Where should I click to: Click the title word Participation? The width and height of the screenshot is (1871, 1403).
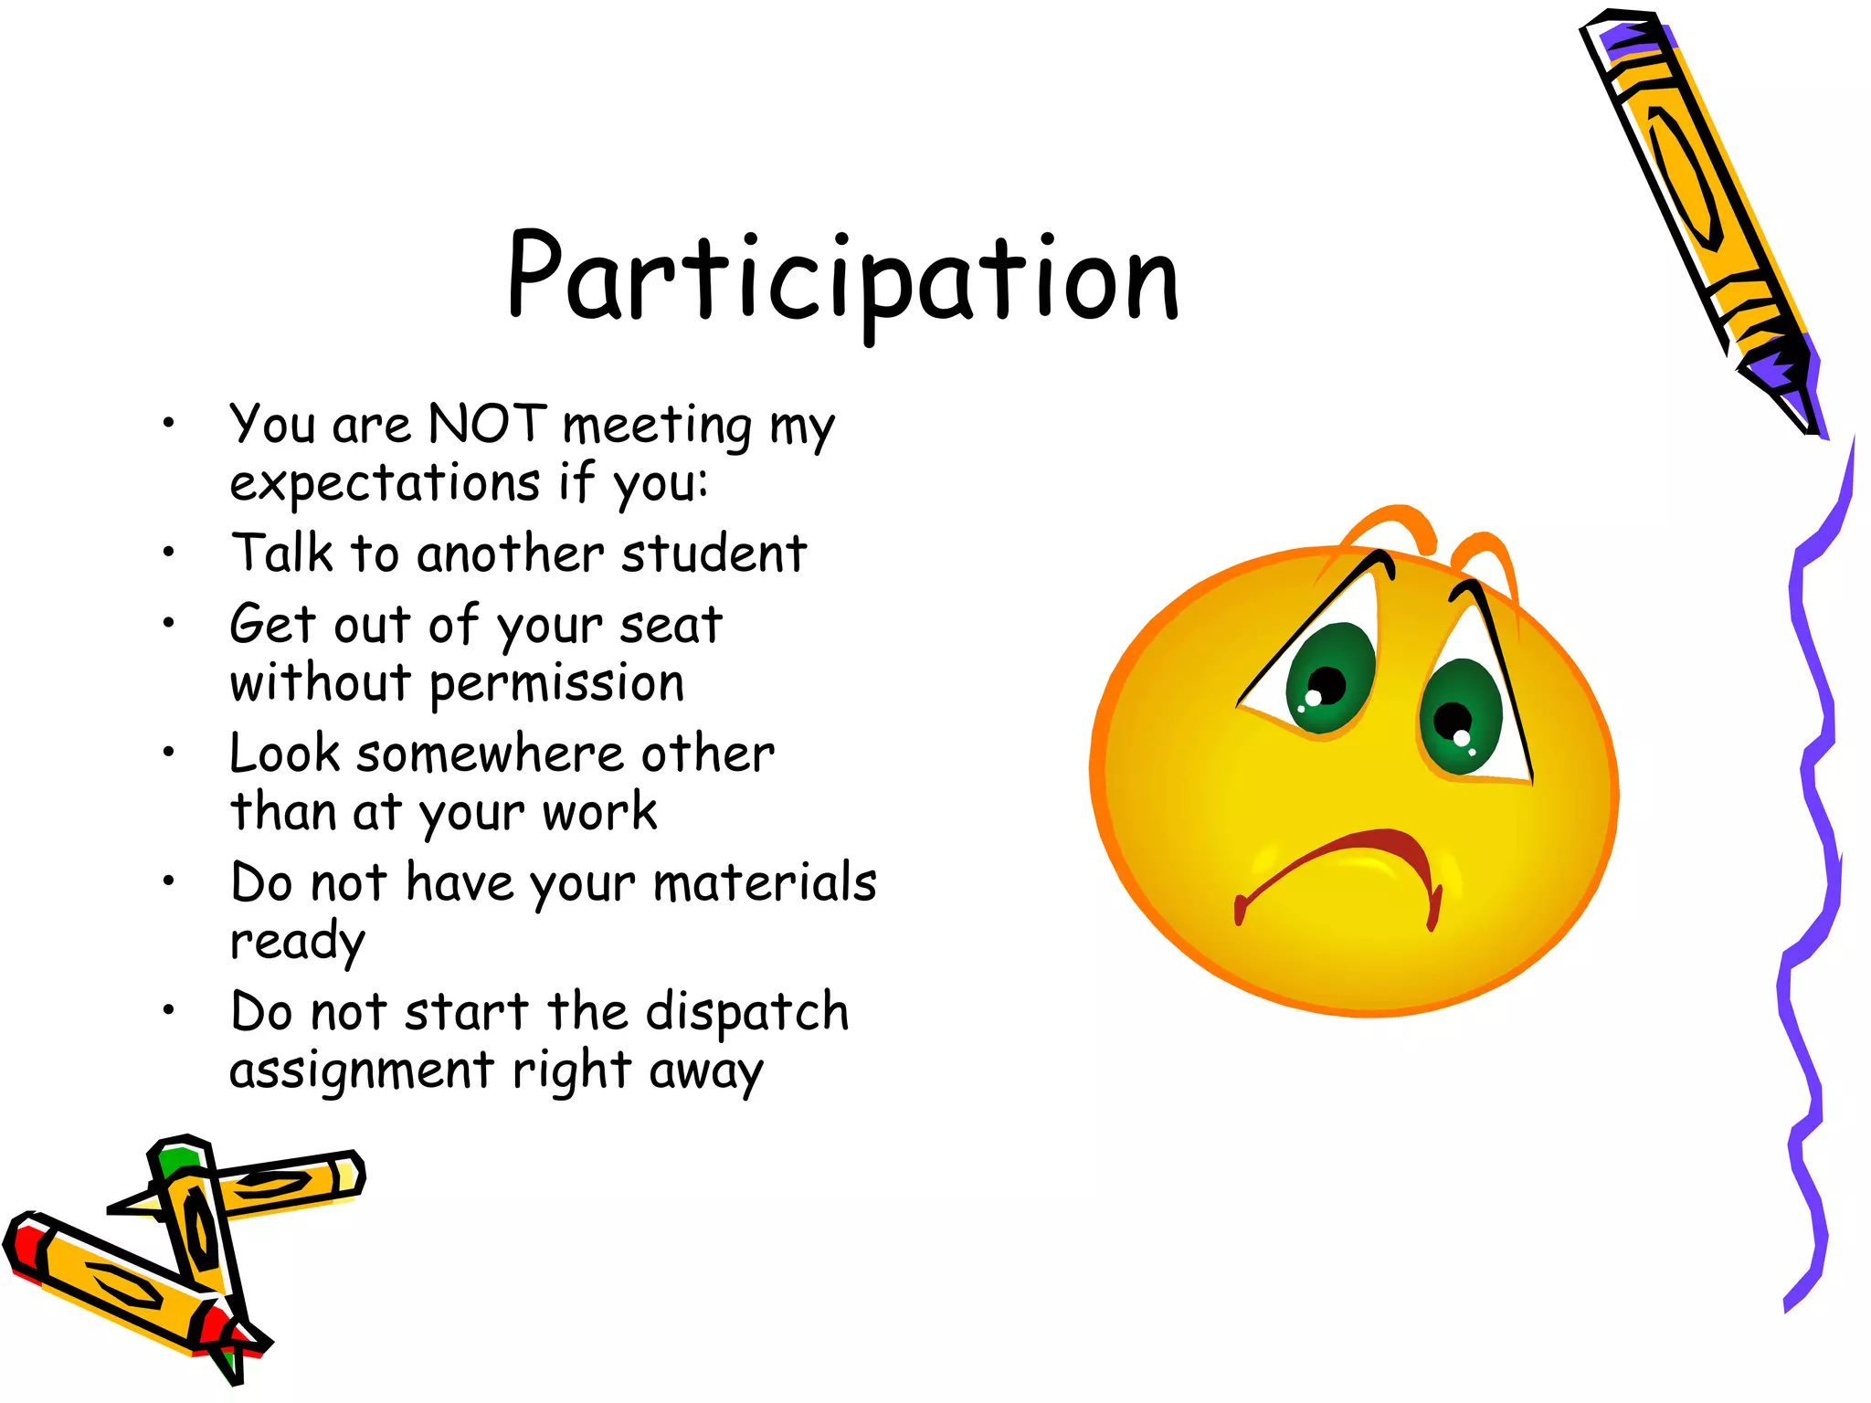842,279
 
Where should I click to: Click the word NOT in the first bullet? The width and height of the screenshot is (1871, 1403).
487,425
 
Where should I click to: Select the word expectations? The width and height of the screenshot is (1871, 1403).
385,482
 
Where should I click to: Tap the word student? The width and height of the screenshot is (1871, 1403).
714,554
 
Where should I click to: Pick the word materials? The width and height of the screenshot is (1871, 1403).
765,883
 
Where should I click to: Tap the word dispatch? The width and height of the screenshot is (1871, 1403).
746,1013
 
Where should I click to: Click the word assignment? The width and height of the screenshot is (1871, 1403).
362,1071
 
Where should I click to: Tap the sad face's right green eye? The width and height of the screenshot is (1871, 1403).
1460,717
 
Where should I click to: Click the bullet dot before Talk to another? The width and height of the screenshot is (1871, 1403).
168,552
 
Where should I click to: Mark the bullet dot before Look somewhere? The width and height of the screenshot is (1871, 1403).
168,753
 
